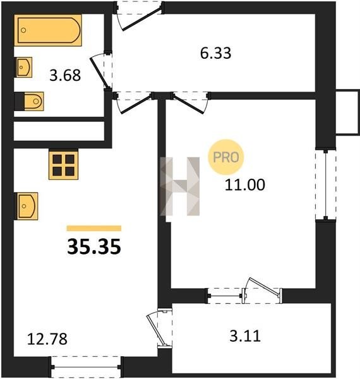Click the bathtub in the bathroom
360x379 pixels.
tap(48, 30)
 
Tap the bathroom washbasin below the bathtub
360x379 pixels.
tap(23, 67)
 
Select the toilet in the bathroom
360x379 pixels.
tap(29, 101)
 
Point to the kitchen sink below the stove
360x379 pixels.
tap(26, 206)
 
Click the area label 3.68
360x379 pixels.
tap(65, 75)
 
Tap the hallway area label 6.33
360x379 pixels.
tap(215, 53)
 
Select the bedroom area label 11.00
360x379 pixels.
tap(245, 185)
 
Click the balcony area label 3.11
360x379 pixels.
tap(245, 336)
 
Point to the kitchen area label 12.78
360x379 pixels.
tap(47, 339)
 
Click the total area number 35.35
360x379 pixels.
tap(94, 246)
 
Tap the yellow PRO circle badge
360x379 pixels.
tap(226, 157)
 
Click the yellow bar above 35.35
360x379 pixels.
tap(94, 229)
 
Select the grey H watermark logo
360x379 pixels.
tap(180, 186)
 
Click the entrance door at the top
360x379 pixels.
tap(139, 15)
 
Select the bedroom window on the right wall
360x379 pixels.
tap(326, 184)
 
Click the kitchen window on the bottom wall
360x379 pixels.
tap(86, 367)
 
